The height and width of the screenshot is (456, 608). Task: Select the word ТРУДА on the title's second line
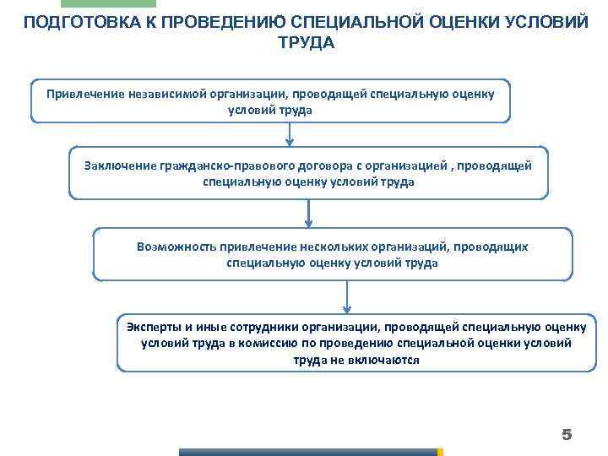click(306, 42)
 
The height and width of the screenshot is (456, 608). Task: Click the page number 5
click(567, 435)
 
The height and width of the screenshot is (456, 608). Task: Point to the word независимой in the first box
click(169, 93)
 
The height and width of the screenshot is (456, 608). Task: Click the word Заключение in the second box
click(118, 165)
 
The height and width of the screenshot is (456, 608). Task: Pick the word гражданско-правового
click(219, 165)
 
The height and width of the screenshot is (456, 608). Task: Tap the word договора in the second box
click(313, 165)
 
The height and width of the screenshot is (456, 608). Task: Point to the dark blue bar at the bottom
click(308, 452)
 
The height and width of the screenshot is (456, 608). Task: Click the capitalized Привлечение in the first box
click(84, 93)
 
